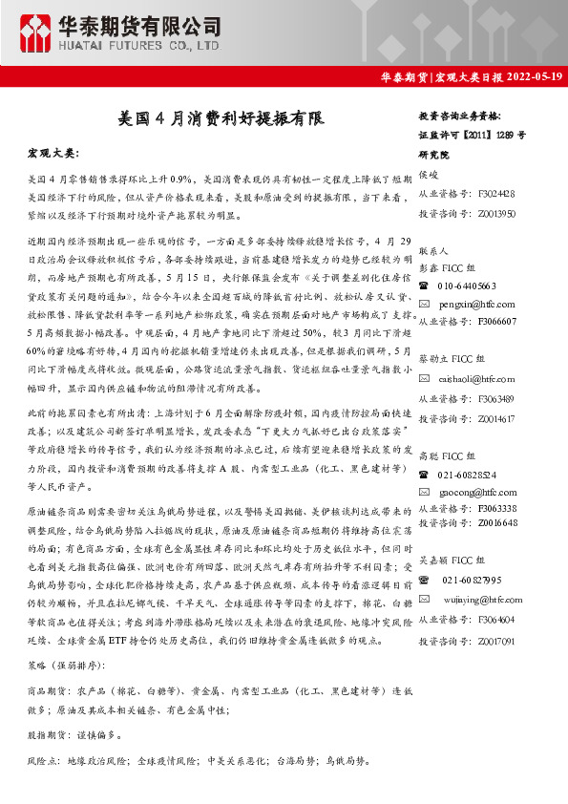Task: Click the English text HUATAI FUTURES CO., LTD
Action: point(140,45)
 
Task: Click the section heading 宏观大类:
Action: point(55,153)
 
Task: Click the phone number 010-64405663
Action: point(467,286)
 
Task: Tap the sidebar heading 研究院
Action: point(434,154)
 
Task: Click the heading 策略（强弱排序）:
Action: point(67,665)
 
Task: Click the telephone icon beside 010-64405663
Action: point(426,286)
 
